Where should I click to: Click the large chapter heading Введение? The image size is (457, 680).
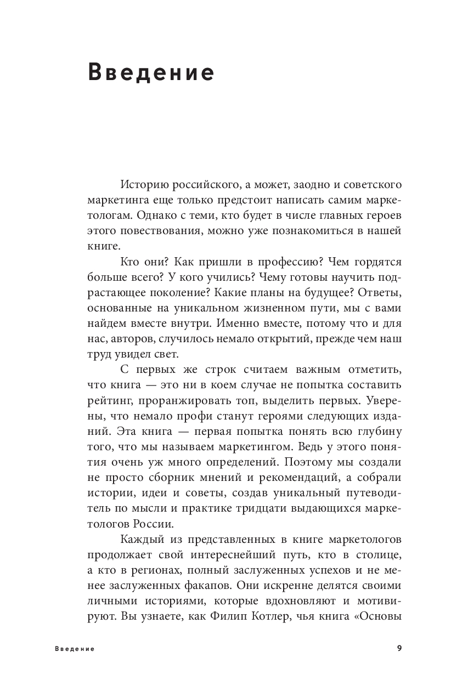151,73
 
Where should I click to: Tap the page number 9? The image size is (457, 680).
399,649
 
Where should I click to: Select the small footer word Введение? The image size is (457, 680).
75,649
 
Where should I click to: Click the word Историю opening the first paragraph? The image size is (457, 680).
142,182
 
